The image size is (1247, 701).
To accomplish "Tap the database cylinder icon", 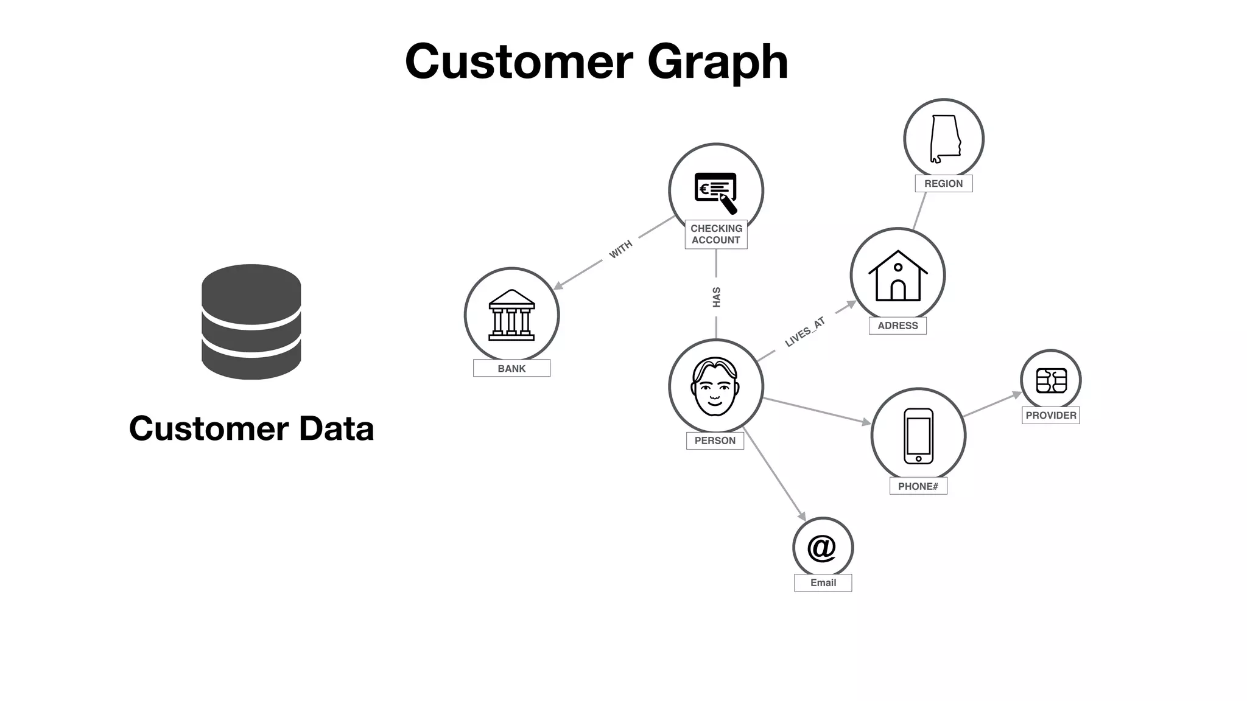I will (251, 321).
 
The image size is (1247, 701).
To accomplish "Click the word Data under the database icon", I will (336, 428).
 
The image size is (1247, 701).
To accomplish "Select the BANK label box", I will (511, 368).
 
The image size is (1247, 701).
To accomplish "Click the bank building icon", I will (511, 315).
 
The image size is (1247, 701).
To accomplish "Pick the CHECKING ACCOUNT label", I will (716, 234).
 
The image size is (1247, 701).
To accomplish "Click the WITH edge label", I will (620, 249).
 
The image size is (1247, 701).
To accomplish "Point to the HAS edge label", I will (717, 297).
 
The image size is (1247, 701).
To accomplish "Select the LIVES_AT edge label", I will (805, 332).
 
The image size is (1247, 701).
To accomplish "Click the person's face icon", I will (715, 386).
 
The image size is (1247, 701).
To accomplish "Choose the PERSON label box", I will (715, 441).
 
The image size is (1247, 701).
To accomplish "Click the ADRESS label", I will (897, 326).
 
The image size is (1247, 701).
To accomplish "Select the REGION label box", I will (943, 184).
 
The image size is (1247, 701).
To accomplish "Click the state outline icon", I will (944, 139).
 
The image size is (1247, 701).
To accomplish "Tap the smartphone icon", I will (918, 436).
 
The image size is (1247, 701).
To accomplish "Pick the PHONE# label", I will (918, 486).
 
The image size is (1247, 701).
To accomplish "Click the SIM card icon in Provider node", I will (1051, 380).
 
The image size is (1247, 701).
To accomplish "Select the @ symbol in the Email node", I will (822, 548).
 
